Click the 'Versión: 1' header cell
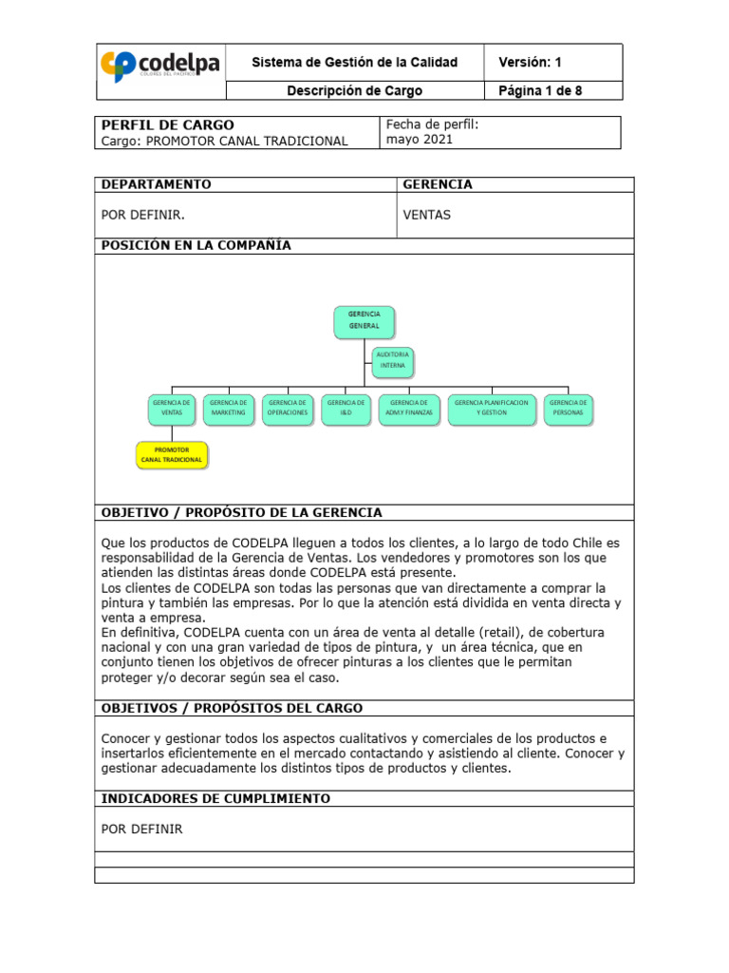531,63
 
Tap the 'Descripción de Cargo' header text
354,91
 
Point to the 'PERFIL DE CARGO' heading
167,124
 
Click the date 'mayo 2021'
419,139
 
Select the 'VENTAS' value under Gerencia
426,215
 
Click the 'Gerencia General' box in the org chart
364,320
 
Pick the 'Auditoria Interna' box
392,360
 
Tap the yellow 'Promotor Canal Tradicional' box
171,454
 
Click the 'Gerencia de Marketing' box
228,408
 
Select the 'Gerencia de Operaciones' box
287,408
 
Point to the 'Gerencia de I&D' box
346,408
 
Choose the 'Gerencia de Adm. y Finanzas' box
409,408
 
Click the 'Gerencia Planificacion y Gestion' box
491,408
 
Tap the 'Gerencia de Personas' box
568,408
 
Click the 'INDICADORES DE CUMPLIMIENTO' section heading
215,799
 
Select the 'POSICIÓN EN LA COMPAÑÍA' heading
196,245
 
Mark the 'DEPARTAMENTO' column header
156,184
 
